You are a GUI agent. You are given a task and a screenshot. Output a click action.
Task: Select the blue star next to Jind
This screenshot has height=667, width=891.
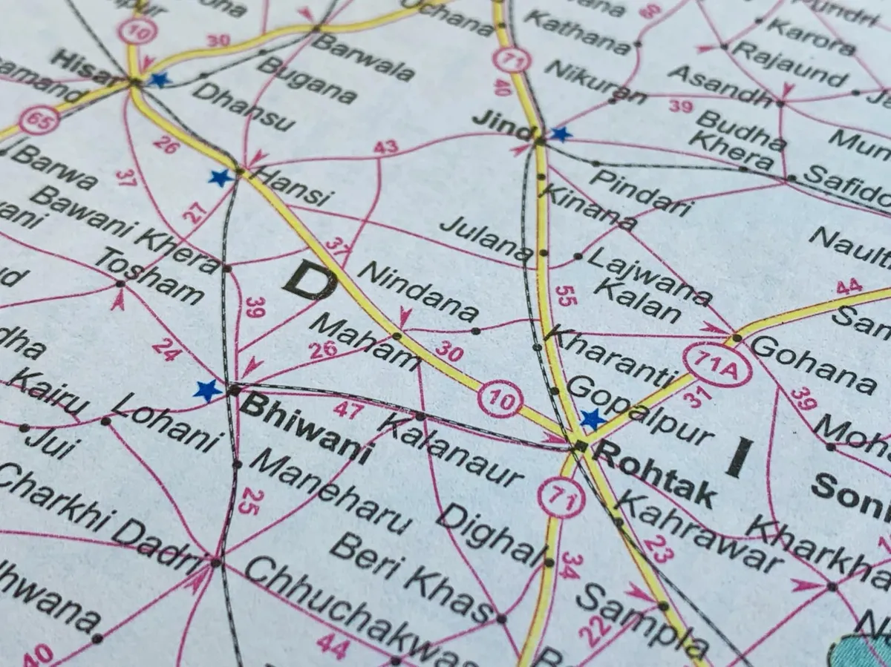[561, 134]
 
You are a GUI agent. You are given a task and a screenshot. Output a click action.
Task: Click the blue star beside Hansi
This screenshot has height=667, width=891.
[221, 177]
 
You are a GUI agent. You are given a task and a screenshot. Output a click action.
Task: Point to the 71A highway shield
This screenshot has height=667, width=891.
[717, 365]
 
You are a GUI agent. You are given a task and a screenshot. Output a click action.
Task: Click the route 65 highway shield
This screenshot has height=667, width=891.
[39, 119]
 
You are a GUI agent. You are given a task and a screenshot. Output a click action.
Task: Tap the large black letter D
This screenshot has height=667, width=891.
[309, 280]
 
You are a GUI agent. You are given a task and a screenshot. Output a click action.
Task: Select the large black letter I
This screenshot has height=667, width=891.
[739, 457]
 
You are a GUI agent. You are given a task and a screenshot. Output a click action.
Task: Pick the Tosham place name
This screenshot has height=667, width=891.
[149, 275]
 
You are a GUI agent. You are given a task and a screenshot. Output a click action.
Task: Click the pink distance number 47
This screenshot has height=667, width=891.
[347, 409]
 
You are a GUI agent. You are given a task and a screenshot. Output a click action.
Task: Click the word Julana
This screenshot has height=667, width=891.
[486, 239]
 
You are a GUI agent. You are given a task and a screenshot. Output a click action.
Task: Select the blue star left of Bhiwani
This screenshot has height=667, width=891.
[207, 390]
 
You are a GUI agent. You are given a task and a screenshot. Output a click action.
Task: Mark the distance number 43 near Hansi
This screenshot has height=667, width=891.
[385, 147]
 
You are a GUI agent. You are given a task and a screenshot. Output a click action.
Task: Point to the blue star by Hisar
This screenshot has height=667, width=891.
[159, 79]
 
